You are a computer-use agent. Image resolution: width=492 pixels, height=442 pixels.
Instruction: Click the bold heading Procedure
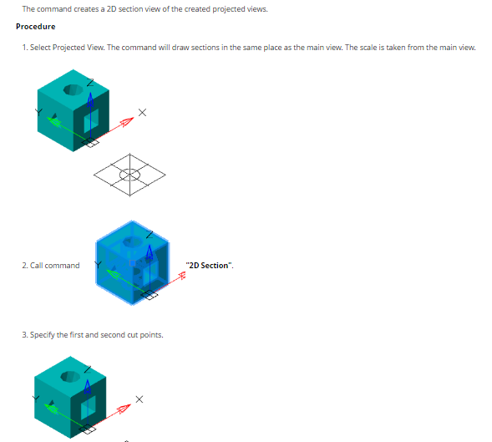pos(35,27)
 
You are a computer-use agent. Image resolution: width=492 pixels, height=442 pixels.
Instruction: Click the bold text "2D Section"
pos(208,266)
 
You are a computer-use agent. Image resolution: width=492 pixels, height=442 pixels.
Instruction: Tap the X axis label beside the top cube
pos(142,113)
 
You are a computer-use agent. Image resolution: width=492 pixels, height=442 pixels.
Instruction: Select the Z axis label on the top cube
pos(90,83)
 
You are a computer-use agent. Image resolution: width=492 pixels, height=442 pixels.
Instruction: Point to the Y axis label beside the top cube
pos(38,112)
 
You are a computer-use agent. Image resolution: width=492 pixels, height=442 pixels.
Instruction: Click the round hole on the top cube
pos(74,89)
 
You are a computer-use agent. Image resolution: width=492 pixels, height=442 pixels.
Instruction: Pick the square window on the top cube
pos(91,121)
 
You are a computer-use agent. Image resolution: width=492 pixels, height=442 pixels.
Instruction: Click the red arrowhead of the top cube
pos(127,121)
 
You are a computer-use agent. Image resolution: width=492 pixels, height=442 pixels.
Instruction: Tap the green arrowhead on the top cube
pos(53,121)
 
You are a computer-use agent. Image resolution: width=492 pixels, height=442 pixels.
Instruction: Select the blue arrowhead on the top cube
pos(90,99)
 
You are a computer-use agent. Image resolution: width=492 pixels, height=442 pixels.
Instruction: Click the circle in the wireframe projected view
pos(129,175)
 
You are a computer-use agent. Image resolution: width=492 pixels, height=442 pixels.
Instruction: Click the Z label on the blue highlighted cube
pos(150,235)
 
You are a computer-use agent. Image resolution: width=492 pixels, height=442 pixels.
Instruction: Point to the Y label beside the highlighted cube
pos(99,265)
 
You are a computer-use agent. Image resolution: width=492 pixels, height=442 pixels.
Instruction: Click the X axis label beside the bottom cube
pos(139,399)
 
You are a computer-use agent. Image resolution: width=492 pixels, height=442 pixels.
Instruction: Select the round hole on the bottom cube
pos(70,376)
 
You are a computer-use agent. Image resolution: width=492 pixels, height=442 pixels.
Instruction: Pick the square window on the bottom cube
pos(89,408)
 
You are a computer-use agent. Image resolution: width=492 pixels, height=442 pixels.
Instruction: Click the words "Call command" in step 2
pos(55,266)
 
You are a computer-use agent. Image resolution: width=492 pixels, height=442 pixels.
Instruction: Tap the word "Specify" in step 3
pos(43,335)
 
